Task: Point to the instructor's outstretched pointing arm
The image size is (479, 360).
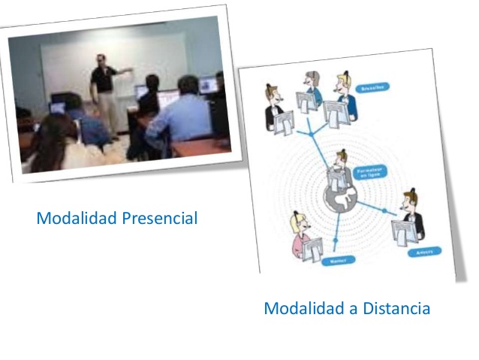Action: [x=125, y=71]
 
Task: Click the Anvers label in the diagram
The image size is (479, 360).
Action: [x=421, y=252]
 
